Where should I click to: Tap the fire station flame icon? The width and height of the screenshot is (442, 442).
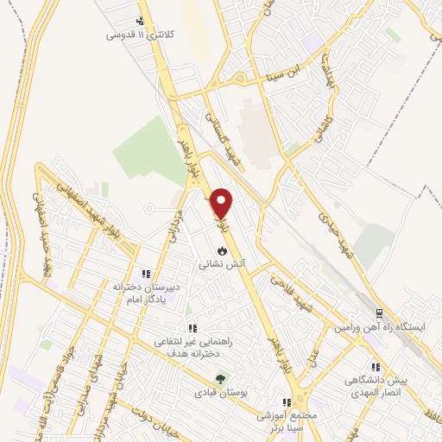(x=223, y=249)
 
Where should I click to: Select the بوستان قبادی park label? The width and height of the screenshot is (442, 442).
(x=222, y=392)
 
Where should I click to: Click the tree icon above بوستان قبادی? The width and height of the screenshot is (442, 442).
(x=221, y=379)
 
